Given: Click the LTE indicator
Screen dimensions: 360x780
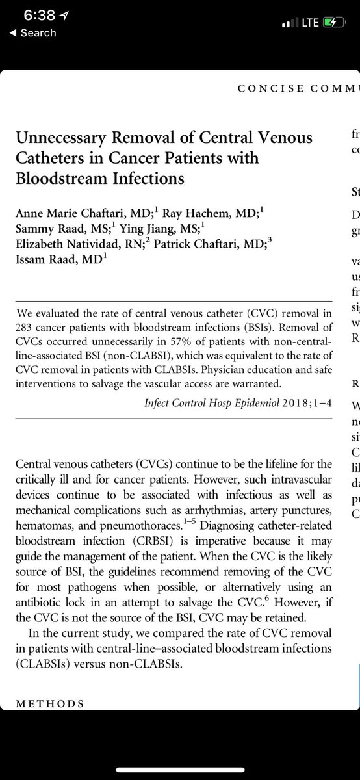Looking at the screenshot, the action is coord(307,22).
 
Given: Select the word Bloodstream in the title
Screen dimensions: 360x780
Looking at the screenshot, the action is coord(61,178).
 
